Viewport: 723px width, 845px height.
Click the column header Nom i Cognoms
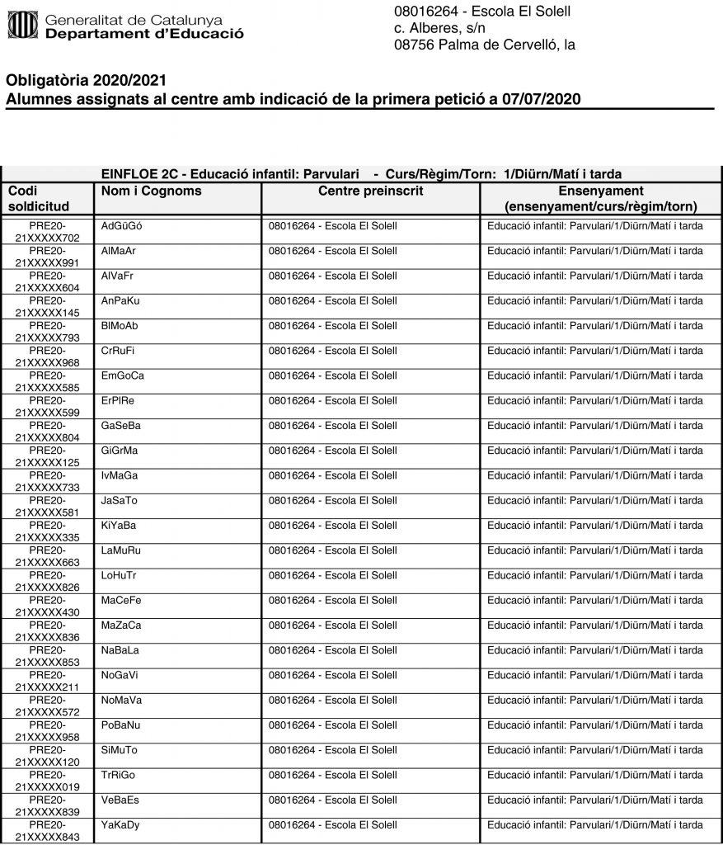tap(150, 191)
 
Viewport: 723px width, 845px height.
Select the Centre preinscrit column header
tap(370, 191)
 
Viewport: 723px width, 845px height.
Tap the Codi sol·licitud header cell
tap(42, 199)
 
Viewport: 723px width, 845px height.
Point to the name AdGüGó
tap(121, 226)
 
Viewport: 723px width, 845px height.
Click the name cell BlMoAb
tap(120, 326)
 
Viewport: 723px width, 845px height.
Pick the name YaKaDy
tap(120, 824)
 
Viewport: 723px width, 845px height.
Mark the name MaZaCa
tap(121, 625)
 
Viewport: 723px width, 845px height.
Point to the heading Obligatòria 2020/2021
tap(87, 81)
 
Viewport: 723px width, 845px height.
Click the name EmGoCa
tap(123, 375)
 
